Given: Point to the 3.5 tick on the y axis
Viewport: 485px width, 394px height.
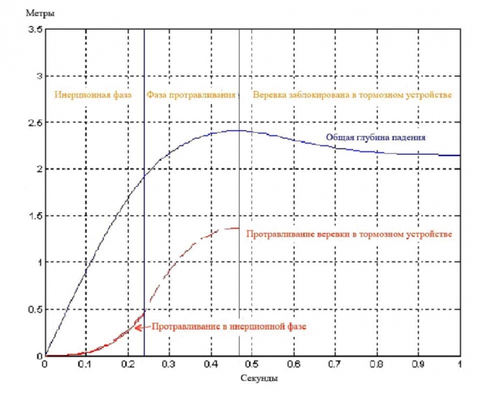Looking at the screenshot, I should click(x=34, y=29).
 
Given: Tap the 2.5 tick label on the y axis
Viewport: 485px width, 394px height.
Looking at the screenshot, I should click(x=34, y=123).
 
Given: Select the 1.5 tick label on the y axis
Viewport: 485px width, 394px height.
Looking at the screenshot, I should click(x=34, y=216).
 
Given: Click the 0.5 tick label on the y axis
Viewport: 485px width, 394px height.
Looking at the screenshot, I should click(x=34, y=309).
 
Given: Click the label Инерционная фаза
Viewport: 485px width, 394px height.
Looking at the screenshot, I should click(x=93, y=95).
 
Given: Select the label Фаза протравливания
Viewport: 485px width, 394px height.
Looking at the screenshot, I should click(x=191, y=95).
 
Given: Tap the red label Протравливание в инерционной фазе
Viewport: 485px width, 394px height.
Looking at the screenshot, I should click(x=229, y=327).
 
